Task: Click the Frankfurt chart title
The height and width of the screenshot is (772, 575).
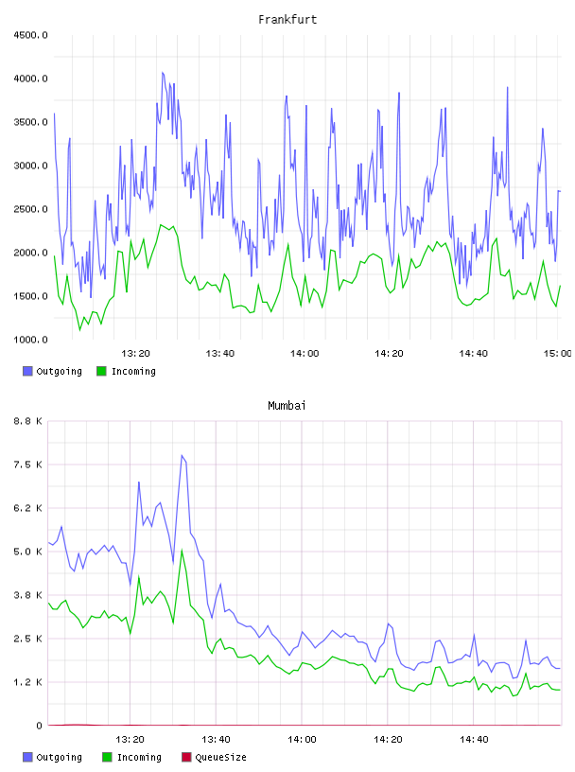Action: [287, 19]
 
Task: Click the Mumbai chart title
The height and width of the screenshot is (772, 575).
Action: [287, 405]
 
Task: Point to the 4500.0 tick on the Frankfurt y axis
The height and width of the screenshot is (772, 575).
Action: [30, 35]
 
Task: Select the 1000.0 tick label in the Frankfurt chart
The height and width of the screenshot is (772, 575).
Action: [30, 340]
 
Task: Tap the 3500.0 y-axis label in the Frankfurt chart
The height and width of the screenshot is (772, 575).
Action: [30, 122]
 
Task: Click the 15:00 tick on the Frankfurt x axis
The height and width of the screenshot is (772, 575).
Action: [557, 353]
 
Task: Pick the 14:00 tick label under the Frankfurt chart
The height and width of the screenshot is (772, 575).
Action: [305, 353]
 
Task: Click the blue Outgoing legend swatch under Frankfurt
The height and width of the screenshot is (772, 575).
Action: [27, 371]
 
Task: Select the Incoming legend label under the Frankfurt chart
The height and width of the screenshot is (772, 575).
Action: [133, 371]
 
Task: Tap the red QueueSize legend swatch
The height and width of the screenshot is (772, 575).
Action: [186, 757]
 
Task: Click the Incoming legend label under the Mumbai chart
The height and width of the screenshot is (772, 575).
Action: [139, 757]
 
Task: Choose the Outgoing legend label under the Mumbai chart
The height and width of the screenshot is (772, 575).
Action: [59, 757]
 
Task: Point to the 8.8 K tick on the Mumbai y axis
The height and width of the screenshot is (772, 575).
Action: [27, 421]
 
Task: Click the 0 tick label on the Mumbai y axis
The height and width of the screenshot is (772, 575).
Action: [39, 726]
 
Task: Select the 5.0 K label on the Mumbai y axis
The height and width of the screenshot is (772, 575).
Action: [27, 552]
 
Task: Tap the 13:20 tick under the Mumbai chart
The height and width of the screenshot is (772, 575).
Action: [130, 739]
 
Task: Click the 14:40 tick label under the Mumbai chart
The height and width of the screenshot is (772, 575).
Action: [474, 739]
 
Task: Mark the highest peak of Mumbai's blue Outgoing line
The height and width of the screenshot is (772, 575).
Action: [182, 455]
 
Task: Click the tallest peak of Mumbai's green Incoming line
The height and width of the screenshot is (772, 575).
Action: [182, 550]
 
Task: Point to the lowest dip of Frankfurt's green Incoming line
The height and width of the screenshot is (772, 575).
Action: [79, 330]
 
